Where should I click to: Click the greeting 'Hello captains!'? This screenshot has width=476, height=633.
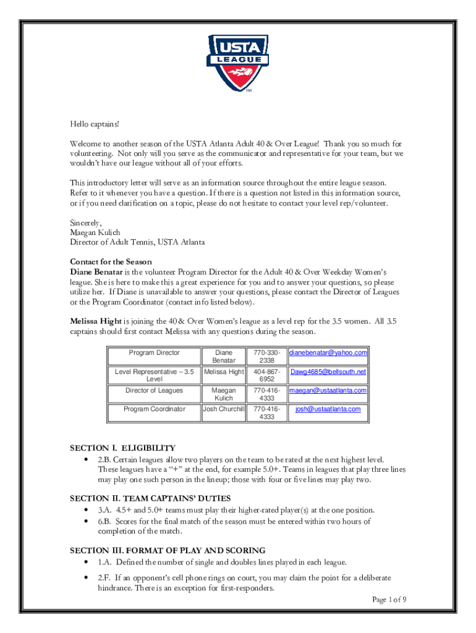[93, 124]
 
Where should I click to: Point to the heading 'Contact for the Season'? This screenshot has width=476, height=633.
[111, 261]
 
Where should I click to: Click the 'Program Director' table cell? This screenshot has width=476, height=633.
[155, 352]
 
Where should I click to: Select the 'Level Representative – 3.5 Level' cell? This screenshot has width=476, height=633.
[155, 375]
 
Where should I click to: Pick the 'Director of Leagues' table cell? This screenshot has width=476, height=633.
[155, 391]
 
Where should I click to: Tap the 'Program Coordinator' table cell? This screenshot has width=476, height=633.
[155, 409]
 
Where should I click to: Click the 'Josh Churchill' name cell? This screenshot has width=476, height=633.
[224, 409]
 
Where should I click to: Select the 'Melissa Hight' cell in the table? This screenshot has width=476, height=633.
[224, 372]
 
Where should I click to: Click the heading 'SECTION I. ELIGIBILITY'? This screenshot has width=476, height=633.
[123, 448]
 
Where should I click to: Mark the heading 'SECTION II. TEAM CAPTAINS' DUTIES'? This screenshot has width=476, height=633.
[150, 498]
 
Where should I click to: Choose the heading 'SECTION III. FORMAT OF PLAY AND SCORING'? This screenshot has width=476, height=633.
[168, 550]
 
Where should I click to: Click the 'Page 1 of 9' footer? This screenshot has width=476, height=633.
[389, 600]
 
